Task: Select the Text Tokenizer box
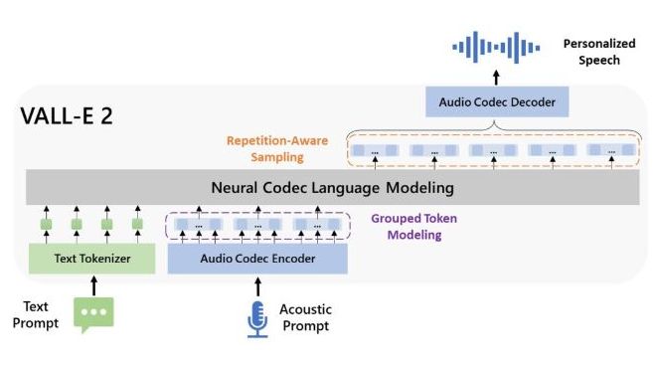pyautogui.click(x=90, y=259)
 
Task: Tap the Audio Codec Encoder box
pyautogui.click(x=257, y=259)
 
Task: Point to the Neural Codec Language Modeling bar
pyautogui.click(x=332, y=187)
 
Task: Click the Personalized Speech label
pyautogui.click(x=590, y=53)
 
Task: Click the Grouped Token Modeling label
pyautogui.click(x=407, y=228)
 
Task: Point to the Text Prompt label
pyautogui.click(x=39, y=314)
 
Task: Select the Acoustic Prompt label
pyautogui.click(x=304, y=317)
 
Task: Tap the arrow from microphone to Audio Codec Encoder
pyautogui.click(x=257, y=286)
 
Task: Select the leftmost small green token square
pyautogui.click(x=46, y=226)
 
